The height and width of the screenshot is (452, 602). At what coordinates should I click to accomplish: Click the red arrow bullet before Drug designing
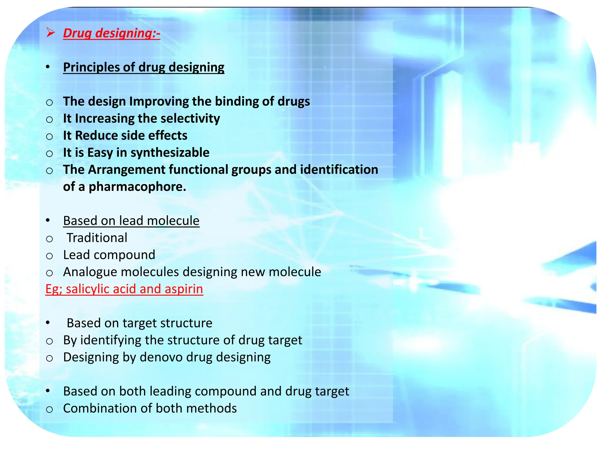click(x=50, y=33)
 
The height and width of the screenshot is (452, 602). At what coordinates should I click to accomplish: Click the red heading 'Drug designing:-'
click(x=111, y=33)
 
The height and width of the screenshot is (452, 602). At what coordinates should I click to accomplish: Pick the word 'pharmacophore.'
click(x=137, y=187)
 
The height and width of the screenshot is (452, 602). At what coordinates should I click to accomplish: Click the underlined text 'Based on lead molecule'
click(x=131, y=221)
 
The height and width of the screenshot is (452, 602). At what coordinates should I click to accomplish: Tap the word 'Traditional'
click(x=97, y=238)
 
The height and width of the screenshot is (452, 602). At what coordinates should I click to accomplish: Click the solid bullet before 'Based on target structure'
click(x=48, y=323)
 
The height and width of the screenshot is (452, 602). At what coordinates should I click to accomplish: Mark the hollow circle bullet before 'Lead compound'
click(x=49, y=256)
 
